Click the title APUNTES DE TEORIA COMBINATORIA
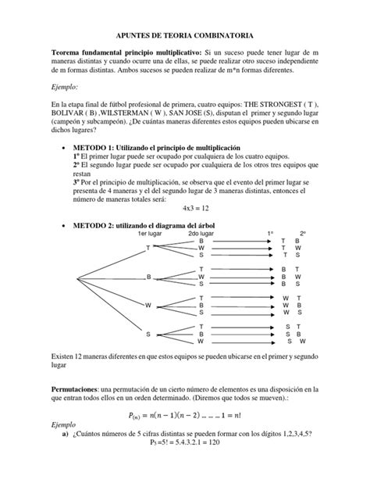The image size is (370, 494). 184,35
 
